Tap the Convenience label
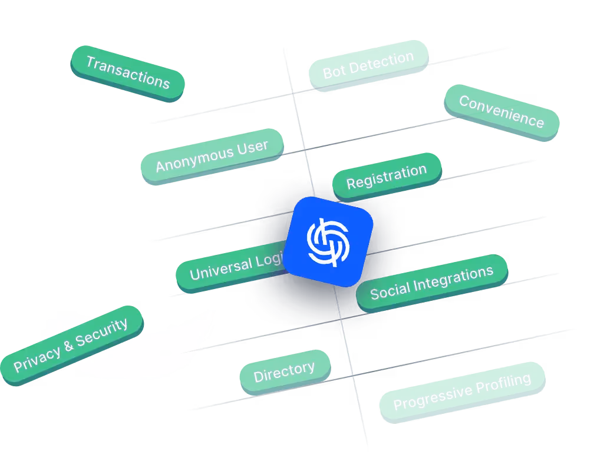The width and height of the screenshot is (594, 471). click(501, 112)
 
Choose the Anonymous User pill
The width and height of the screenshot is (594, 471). click(212, 155)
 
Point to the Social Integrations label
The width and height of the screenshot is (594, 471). click(431, 282)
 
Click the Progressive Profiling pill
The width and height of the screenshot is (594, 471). click(462, 393)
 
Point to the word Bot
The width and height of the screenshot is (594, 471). click(334, 72)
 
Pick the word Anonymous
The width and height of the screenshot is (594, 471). click(194, 160)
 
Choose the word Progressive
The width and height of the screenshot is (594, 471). click(433, 399)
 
